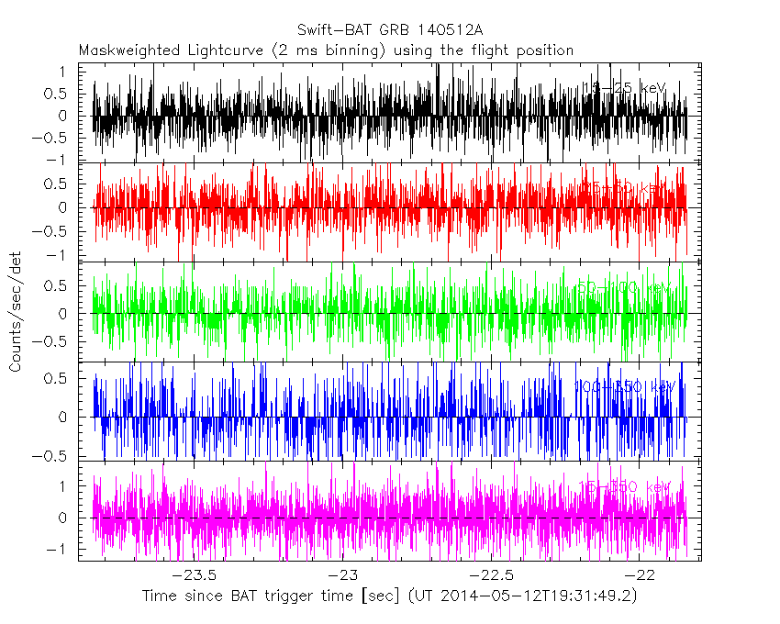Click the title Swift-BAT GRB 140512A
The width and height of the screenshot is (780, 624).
(x=389, y=29)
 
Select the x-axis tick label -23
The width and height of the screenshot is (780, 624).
(x=342, y=575)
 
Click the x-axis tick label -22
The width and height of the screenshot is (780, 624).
(x=642, y=575)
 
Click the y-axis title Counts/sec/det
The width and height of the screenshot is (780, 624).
(x=16, y=314)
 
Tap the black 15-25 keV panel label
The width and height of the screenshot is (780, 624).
(x=623, y=88)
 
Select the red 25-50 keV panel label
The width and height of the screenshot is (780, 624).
(x=624, y=188)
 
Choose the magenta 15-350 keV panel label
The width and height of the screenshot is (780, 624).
(x=624, y=486)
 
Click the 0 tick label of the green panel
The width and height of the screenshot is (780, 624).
(x=61, y=314)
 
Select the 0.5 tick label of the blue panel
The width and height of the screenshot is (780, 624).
(x=53, y=377)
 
